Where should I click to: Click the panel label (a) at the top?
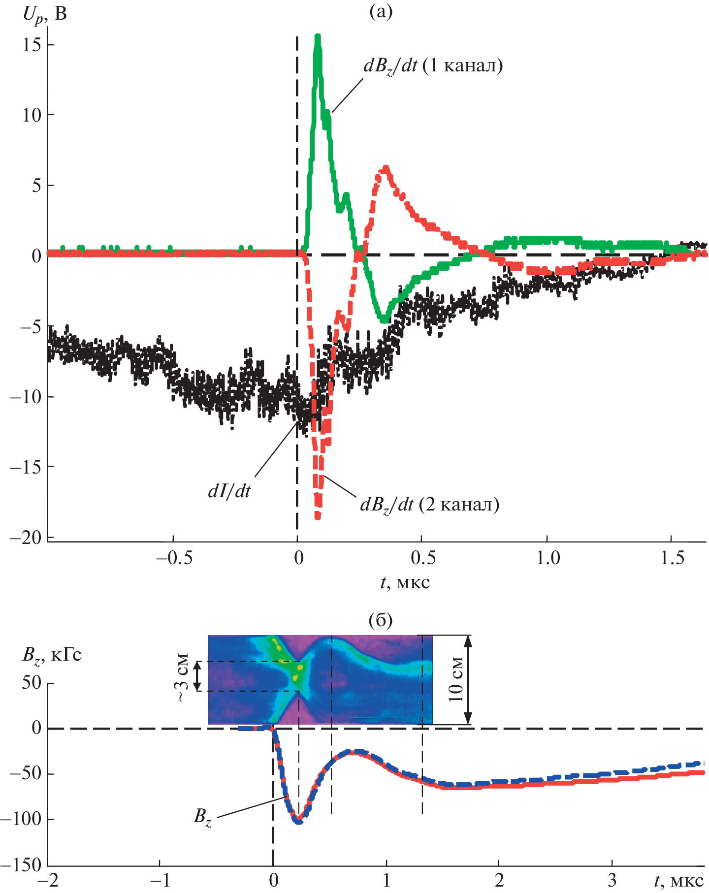coord(381,11)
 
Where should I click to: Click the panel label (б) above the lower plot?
coord(381,621)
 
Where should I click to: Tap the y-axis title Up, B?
coord(44,15)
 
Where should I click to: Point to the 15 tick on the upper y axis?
coord(32,45)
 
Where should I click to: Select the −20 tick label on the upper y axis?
coord(26,538)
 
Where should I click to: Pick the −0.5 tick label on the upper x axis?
coord(173,558)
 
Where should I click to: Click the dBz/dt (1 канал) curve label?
coord(433,66)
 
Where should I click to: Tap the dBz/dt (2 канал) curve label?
coord(429,505)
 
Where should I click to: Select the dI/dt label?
coord(229,491)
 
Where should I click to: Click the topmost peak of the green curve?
coord(318,36)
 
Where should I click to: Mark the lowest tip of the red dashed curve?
coord(318,517)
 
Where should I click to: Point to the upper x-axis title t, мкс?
coord(405,583)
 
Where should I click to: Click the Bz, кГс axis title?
coord(52,655)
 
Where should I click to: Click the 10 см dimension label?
coord(456,679)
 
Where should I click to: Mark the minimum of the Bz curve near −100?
coord(298,821)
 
